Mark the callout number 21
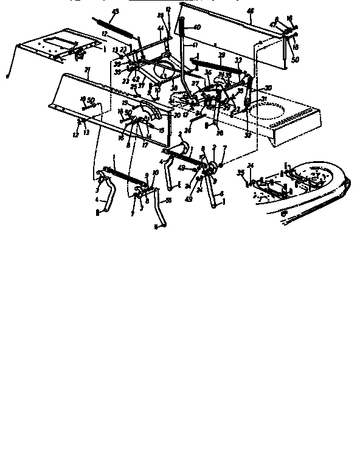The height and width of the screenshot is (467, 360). coord(88,71)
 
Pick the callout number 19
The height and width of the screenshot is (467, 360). coord(125,104)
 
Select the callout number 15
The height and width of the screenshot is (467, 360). coord(161,130)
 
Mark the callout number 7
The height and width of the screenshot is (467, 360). coord(224,148)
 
